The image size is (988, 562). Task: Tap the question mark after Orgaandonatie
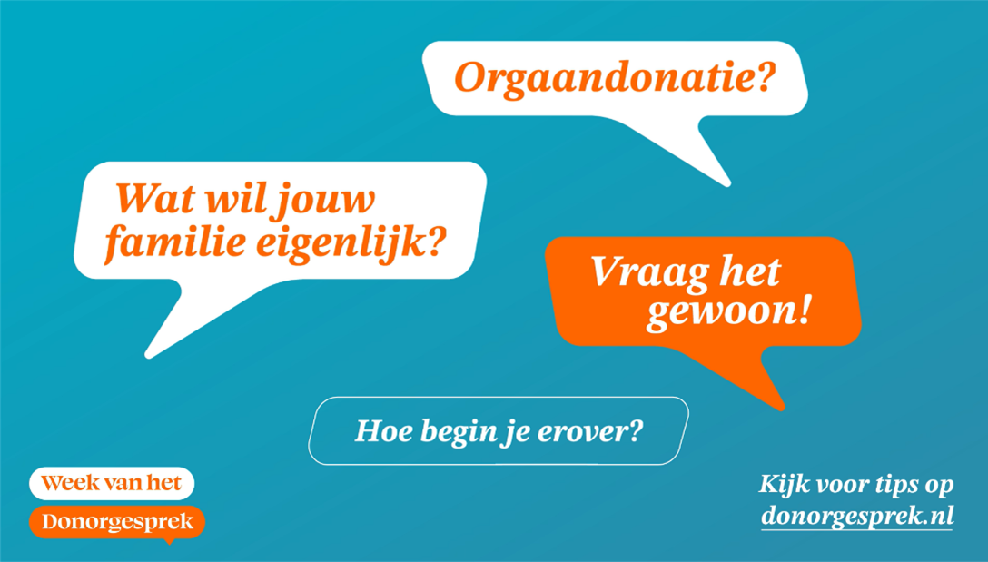pyautogui.click(x=764, y=77)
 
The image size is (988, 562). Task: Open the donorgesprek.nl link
pyautogui.click(x=857, y=516)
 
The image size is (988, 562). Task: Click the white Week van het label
pyautogui.click(x=112, y=484)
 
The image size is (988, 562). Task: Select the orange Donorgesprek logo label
pyautogui.click(x=117, y=522)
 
